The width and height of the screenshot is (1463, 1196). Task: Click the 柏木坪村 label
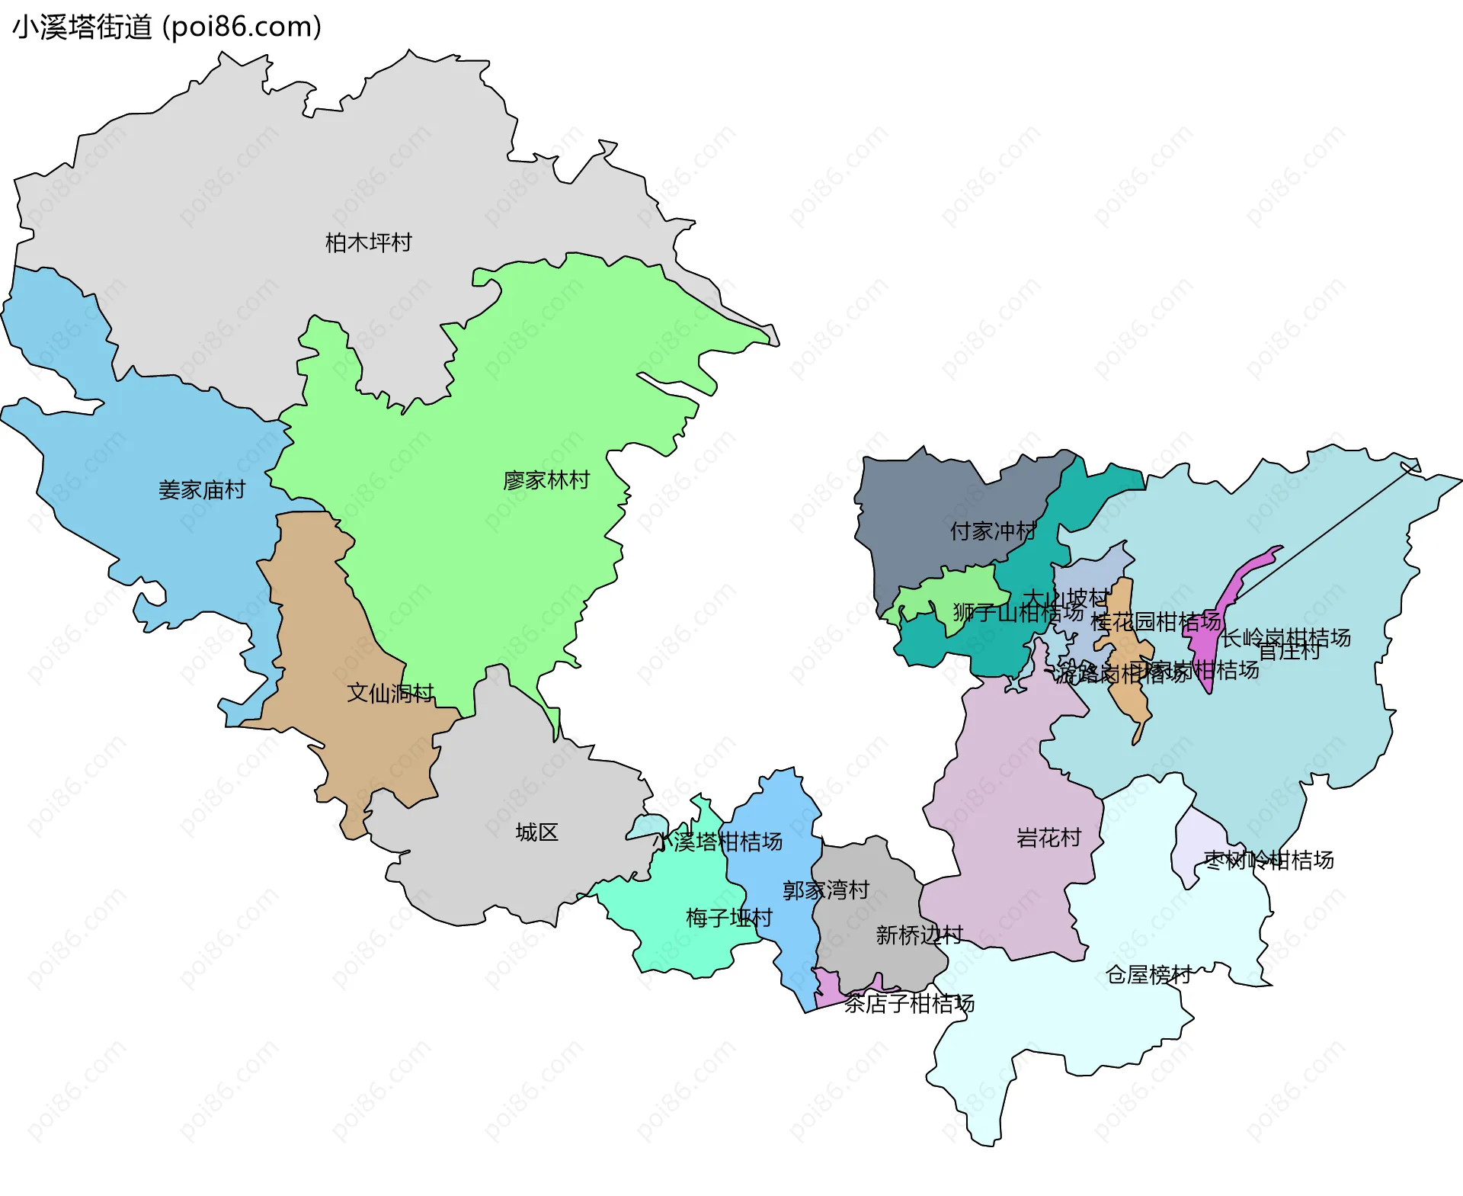click(368, 242)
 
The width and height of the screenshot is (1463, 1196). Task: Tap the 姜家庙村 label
click(202, 489)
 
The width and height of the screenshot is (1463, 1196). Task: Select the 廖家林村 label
click(546, 480)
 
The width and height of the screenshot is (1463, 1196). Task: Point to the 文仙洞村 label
click(390, 693)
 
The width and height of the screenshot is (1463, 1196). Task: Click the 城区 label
click(536, 832)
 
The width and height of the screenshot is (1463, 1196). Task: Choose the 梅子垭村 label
click(728, 917)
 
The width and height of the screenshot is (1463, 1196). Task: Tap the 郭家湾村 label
click(826, 890)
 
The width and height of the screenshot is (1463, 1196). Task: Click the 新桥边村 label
click(919, 935)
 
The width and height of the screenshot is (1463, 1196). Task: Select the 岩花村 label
click(1048, 838)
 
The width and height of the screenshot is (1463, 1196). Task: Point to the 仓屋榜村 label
click(1148, 974)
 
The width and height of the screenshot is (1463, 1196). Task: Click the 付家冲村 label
click(993, 531)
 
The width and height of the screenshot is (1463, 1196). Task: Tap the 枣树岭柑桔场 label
click(1269, 860)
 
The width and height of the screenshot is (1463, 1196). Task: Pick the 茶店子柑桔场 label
click(909, 1003)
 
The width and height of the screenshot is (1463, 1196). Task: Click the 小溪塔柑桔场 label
click(720, 842)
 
